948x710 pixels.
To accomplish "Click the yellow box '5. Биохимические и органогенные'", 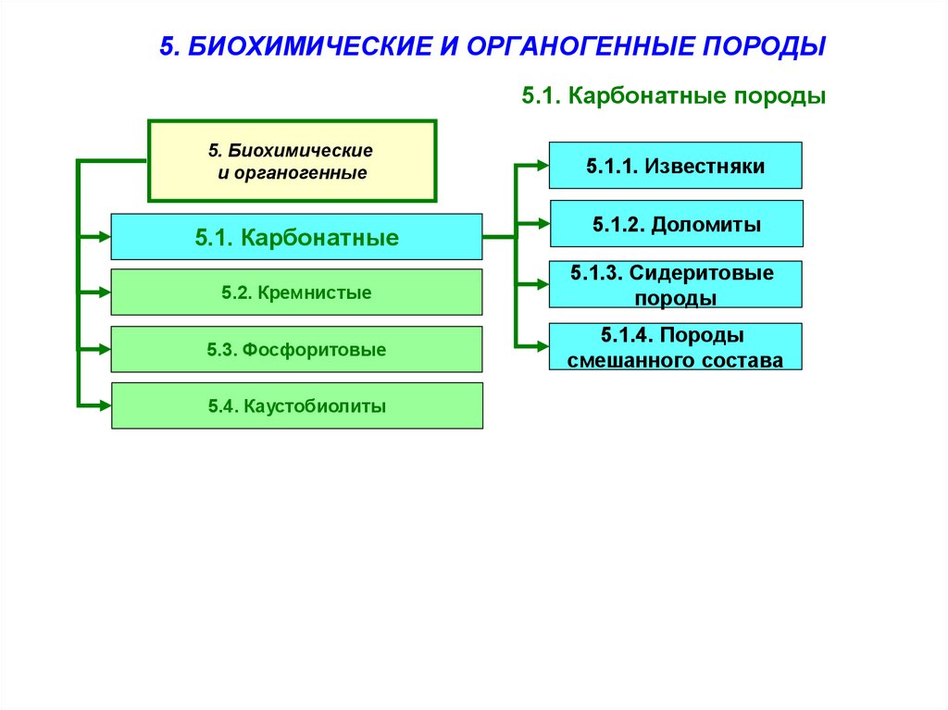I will [x=292, y=161].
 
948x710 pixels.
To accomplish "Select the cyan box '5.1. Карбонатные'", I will [x=296, y=237].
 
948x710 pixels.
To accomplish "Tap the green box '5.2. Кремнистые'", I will [x=296, y=293].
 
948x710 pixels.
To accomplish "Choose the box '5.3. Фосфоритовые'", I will [x=296, y=350].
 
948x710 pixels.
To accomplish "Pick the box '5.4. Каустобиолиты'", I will [x=296, y=405].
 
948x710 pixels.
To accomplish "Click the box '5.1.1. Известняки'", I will [x=675, y=166].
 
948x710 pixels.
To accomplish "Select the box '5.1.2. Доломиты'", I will [x=676, y=224].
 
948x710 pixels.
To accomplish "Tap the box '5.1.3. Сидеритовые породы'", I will [x=675, y=284].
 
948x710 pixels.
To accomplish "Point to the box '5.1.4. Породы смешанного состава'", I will [x=675, y=347].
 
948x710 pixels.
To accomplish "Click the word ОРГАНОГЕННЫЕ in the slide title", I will [x=578, y=46].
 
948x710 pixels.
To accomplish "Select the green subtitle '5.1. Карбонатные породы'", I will [x=673, y=96].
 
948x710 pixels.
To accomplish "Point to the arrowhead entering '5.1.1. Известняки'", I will [x=541, y=167].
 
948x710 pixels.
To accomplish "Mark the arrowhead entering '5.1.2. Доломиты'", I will [x=541, y=224].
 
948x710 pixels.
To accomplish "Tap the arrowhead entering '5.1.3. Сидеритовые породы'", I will [x=541, y=285].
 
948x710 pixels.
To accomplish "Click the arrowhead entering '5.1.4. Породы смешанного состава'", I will [x=541, y=347].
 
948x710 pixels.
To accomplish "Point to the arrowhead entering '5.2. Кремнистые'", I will [x=102, y=293].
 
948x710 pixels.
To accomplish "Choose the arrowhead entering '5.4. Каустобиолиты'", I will [x=102, y=405].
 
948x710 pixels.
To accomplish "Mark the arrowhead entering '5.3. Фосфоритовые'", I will [x=102, y=350].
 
